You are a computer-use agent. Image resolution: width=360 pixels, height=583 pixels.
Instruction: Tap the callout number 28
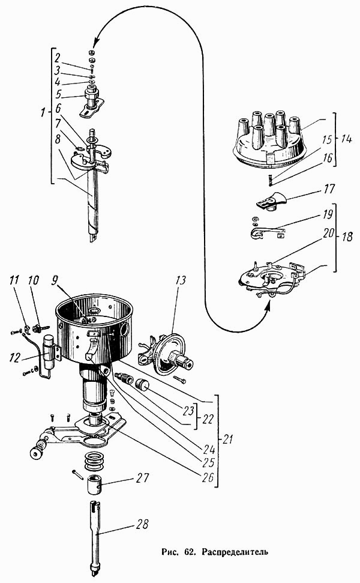tap(141, 524)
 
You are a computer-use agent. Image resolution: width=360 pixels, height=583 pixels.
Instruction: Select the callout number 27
tap(142, 478)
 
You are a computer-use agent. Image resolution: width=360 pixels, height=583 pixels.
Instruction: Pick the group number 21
tap(227, 439)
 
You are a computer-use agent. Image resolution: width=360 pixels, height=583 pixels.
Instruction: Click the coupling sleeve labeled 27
tap(95, 484)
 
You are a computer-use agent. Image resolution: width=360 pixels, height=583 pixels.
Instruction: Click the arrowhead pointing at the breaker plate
tap(268, 307)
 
